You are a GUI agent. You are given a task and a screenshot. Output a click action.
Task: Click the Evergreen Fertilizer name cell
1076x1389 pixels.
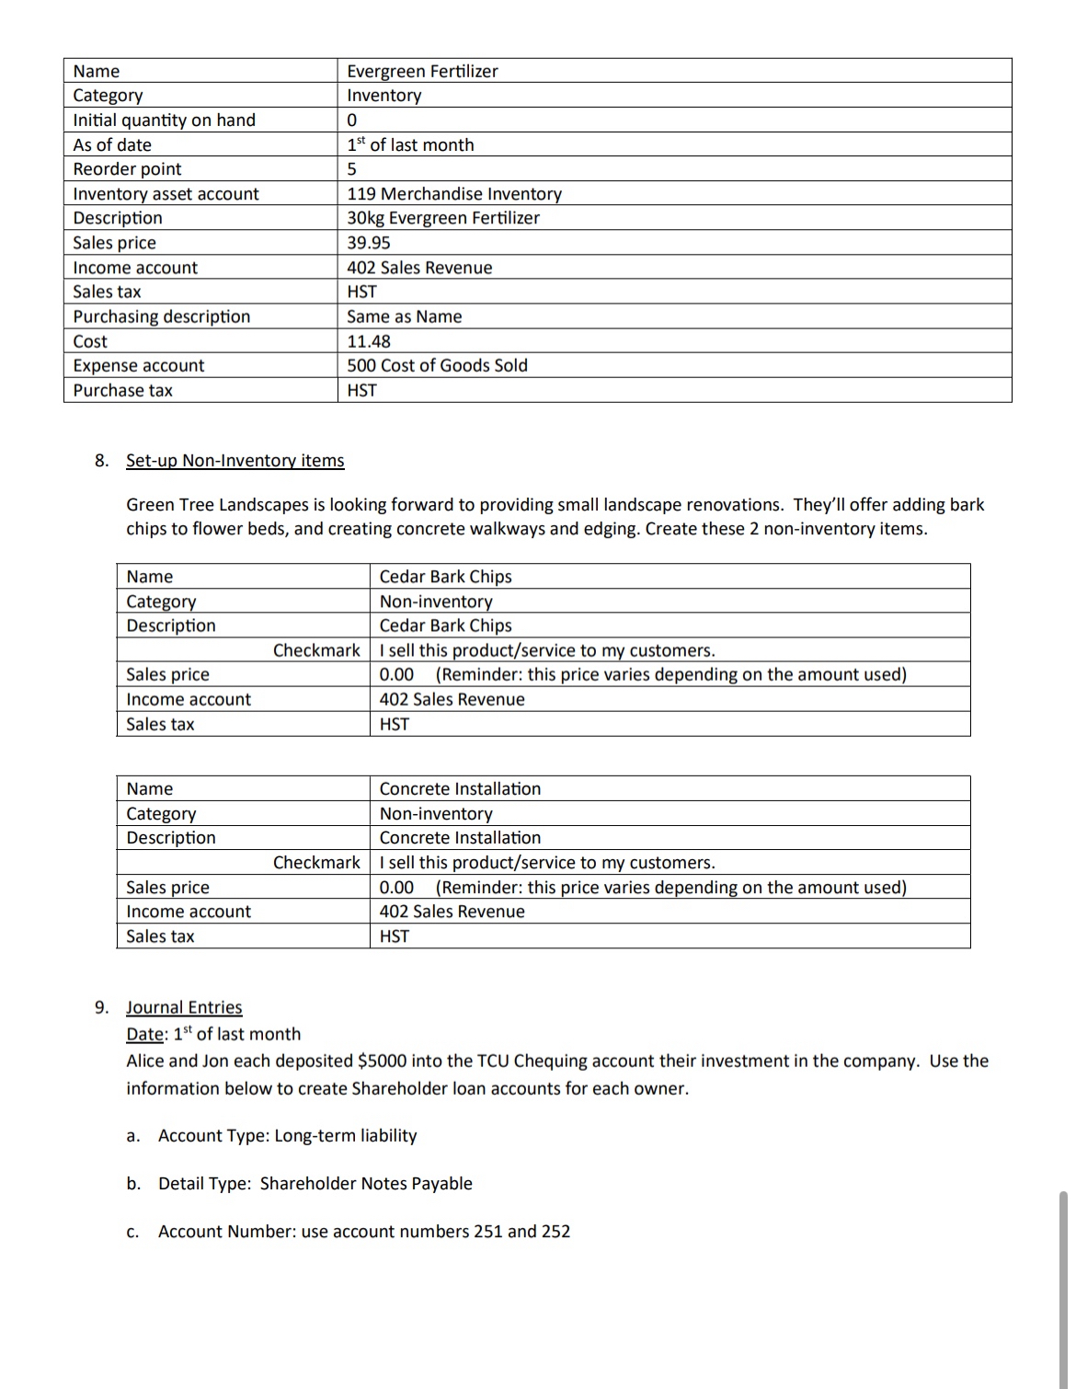[422, 71]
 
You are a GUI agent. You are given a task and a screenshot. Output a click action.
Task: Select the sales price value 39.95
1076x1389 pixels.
[368, 243]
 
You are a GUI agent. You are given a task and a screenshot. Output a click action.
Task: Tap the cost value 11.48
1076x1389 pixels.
[368, 341]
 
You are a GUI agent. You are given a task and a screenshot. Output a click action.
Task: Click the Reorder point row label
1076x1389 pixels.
[127, 169]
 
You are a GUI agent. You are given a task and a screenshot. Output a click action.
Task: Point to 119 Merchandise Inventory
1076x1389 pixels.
[454, 194]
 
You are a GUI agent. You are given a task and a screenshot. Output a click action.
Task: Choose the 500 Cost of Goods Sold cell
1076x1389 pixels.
[437, 365]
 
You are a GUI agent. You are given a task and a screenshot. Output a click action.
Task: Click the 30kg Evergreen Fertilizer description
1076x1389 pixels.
[442, 218]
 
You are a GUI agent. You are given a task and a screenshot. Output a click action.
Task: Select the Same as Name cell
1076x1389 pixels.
[404, 316]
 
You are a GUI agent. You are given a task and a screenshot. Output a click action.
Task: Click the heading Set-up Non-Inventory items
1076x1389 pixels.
[235, 461]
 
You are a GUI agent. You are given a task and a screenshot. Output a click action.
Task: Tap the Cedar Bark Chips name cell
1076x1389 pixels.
[445, 577]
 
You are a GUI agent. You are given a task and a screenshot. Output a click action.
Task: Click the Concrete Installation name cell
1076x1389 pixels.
[460, 789]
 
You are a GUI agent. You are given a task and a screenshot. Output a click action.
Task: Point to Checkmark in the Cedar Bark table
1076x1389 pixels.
[316, 650]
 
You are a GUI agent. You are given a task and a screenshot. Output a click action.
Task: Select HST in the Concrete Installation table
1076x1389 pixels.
[394, 936]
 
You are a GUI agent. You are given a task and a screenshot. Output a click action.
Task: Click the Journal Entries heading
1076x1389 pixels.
[184, 1007]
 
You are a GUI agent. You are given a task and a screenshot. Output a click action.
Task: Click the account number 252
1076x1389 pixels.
[555, 1232]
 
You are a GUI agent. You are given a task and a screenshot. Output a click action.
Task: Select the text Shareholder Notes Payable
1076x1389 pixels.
[366, 1184]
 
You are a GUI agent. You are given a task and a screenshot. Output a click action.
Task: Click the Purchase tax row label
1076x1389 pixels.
[122, 390]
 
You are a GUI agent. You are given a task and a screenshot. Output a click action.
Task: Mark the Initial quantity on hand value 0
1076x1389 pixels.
[352, 121]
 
